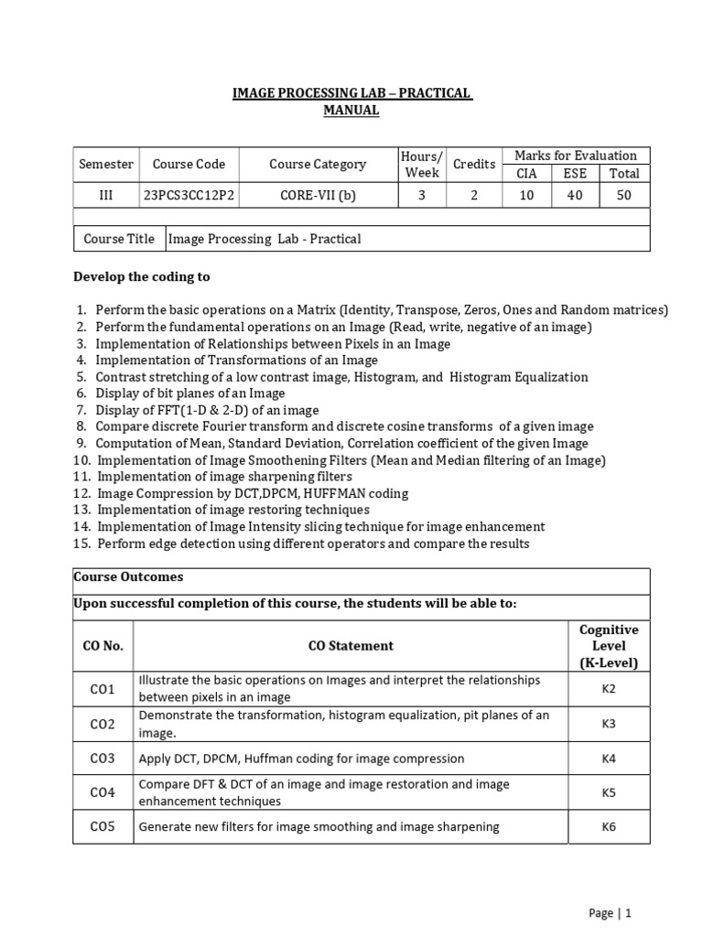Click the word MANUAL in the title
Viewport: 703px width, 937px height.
[x=351, y=111]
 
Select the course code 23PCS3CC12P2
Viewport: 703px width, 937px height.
[x=189, y=195]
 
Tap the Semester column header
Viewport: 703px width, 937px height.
[x=106, y=165]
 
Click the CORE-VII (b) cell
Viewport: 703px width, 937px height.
[x=317, y=195]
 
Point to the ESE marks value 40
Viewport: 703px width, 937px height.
[x=575, y=195]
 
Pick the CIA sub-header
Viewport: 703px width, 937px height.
[x=526, y=173]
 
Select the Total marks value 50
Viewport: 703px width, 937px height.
[x=624, y=195]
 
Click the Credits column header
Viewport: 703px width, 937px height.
[x=474, y=165]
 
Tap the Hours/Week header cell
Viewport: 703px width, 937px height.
[x=421, y=165]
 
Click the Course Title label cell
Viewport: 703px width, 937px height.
[x=119, y=239]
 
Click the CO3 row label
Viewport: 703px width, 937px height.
[x=103, y=759]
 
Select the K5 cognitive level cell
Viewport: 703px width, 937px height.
[x=609, y=792]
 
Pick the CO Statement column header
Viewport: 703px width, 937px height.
[x=351, y=646]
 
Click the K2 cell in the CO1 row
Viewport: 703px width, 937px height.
[x=609, y=689]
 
